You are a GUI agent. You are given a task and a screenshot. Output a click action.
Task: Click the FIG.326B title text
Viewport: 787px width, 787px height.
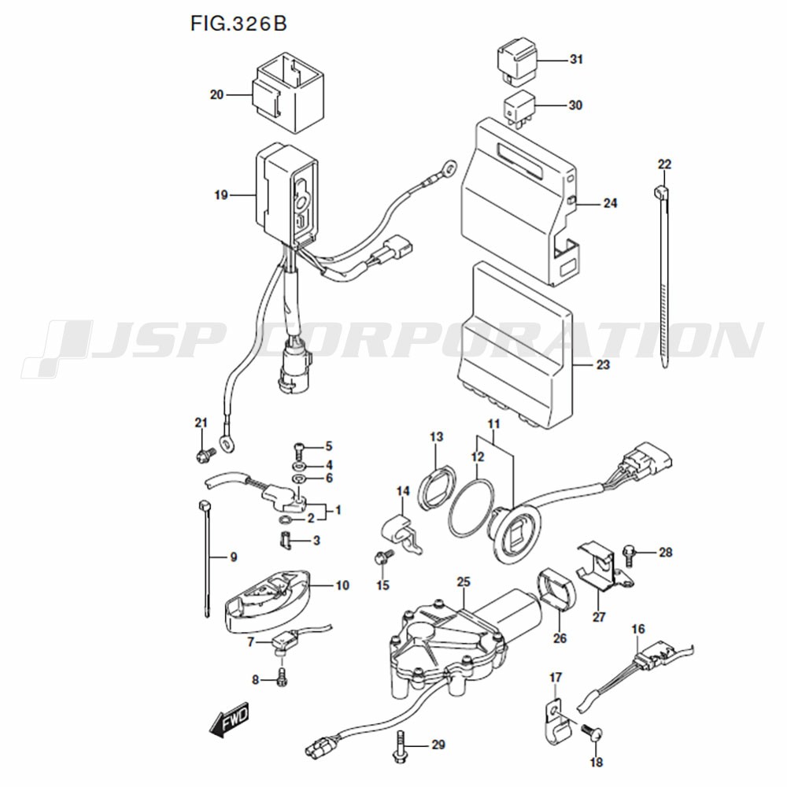(x=238, y=23)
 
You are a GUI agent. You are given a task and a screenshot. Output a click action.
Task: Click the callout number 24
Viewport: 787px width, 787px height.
(x=610, y=203)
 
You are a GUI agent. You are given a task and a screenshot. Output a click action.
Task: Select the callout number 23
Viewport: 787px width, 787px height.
(x=603, y=366)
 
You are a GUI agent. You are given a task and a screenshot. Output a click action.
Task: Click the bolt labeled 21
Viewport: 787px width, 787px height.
(x=204, y=454)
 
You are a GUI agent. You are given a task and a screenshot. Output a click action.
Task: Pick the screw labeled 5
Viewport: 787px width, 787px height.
(x=300, y=449)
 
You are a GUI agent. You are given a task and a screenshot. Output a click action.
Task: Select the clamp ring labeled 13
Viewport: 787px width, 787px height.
(x=435, y=489)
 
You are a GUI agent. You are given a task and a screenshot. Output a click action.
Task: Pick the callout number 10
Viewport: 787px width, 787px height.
(x=342, y=586)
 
